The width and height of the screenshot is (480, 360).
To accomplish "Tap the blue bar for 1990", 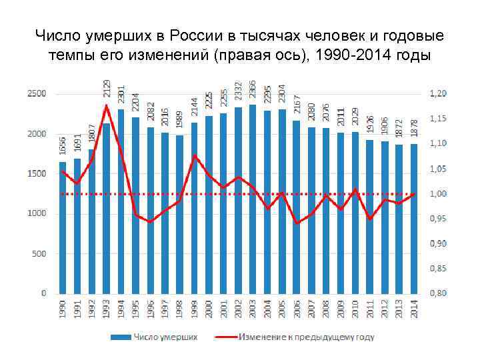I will [x=63, y=227].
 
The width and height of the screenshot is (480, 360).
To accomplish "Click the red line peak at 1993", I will [x=106, y=105].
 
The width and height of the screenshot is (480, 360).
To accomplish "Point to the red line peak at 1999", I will [x=194, y=155].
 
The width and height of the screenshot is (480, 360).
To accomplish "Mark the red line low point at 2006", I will [x=297, y=223].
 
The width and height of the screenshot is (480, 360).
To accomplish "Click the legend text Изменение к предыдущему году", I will [x=306, y=337].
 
